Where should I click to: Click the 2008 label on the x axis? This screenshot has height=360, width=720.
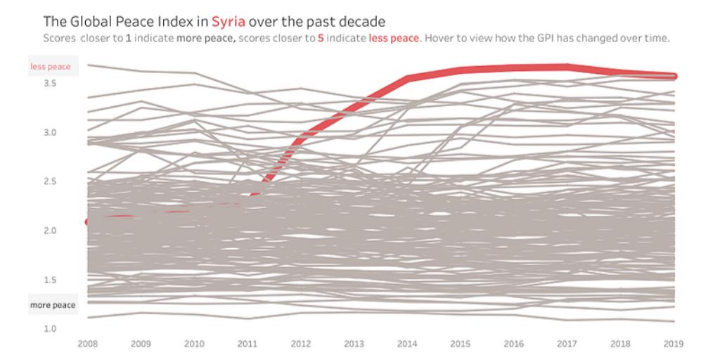89,344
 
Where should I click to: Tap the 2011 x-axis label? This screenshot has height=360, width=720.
247,344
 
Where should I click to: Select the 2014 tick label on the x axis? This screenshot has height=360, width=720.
407,344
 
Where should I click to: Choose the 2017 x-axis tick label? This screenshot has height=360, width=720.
567,344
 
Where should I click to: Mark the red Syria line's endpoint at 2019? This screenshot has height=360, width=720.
672,76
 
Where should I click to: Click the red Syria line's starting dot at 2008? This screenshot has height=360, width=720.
88,221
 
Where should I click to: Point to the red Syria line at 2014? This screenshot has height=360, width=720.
407,79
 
